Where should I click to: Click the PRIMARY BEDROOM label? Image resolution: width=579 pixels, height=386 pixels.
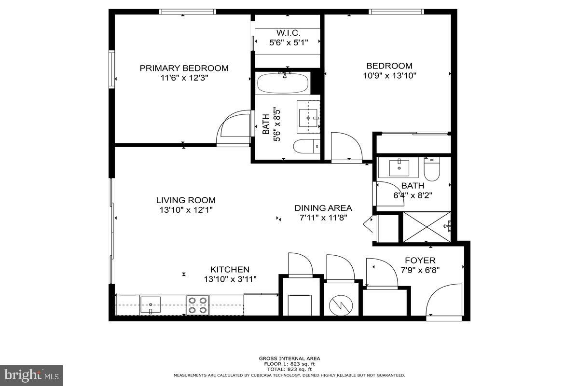[184, 68]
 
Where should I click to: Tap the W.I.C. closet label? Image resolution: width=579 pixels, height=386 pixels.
[288, 33]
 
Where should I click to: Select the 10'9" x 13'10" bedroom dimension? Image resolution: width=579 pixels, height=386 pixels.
[389, 75]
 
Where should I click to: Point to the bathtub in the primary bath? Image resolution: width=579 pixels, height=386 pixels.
[283, 83]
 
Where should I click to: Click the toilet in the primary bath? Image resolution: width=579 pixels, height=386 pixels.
[306, 145]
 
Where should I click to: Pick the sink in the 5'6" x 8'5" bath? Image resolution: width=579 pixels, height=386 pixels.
[308, 117]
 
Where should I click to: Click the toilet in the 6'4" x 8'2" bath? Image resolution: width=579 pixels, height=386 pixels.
[432, 170]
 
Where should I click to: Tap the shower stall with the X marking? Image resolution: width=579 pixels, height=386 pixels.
[427, 226]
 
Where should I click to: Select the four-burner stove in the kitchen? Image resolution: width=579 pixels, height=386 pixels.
[197, 305]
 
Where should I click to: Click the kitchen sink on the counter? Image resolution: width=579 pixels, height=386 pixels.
[151, 304]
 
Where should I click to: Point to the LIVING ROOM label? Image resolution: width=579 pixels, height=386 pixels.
[186, 200]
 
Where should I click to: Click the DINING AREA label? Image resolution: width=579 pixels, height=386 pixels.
[323, 208]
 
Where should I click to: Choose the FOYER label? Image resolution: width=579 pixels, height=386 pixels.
[420, 261]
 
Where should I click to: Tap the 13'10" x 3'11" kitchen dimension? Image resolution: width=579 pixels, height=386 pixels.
[230, 279]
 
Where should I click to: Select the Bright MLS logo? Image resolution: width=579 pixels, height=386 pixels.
[31, 375]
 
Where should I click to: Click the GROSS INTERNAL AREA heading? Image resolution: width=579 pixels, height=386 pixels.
[289, 358]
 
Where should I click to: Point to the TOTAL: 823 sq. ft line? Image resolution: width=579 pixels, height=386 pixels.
[289, 369]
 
